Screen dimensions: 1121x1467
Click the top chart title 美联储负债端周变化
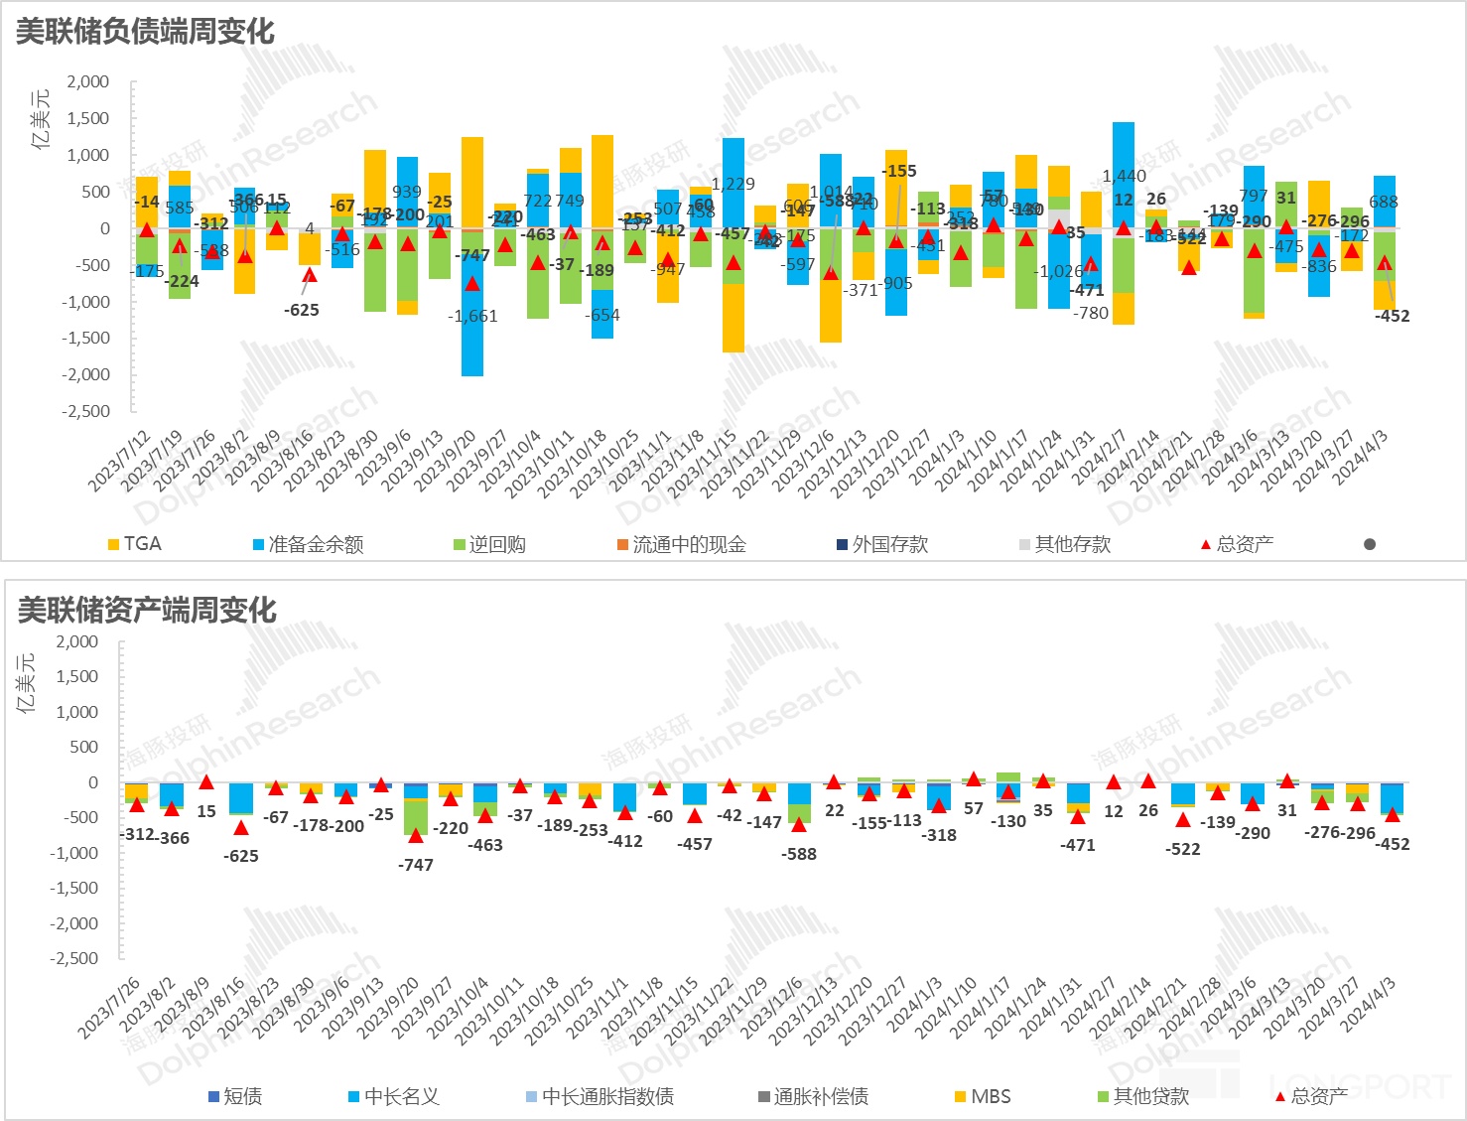[145, 32]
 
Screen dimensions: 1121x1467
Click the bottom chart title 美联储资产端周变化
[147, 610]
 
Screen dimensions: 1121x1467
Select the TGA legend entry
[134, 544]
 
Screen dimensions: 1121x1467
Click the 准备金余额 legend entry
[308, 544]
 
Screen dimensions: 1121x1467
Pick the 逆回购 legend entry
[489, 544]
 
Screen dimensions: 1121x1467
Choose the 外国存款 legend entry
[882, 544]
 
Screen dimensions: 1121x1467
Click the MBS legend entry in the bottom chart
[983, 1096]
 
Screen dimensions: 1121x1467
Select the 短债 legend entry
[235, 1096]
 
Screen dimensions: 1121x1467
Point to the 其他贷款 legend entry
[1142, 1096]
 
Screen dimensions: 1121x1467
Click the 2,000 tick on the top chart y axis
[88, 81]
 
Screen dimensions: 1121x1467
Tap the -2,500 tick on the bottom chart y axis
[74, 958]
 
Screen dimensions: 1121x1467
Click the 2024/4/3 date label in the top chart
[1362, 458]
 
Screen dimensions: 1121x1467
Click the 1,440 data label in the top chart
[1124, 176]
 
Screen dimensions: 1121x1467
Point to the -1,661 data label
[472, 316]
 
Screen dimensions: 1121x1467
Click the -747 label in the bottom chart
[415, 865]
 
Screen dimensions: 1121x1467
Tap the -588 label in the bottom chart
[798, 854]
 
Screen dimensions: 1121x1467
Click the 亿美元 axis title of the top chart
[41, 118]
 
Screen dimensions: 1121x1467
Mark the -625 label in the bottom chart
[241, 856]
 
